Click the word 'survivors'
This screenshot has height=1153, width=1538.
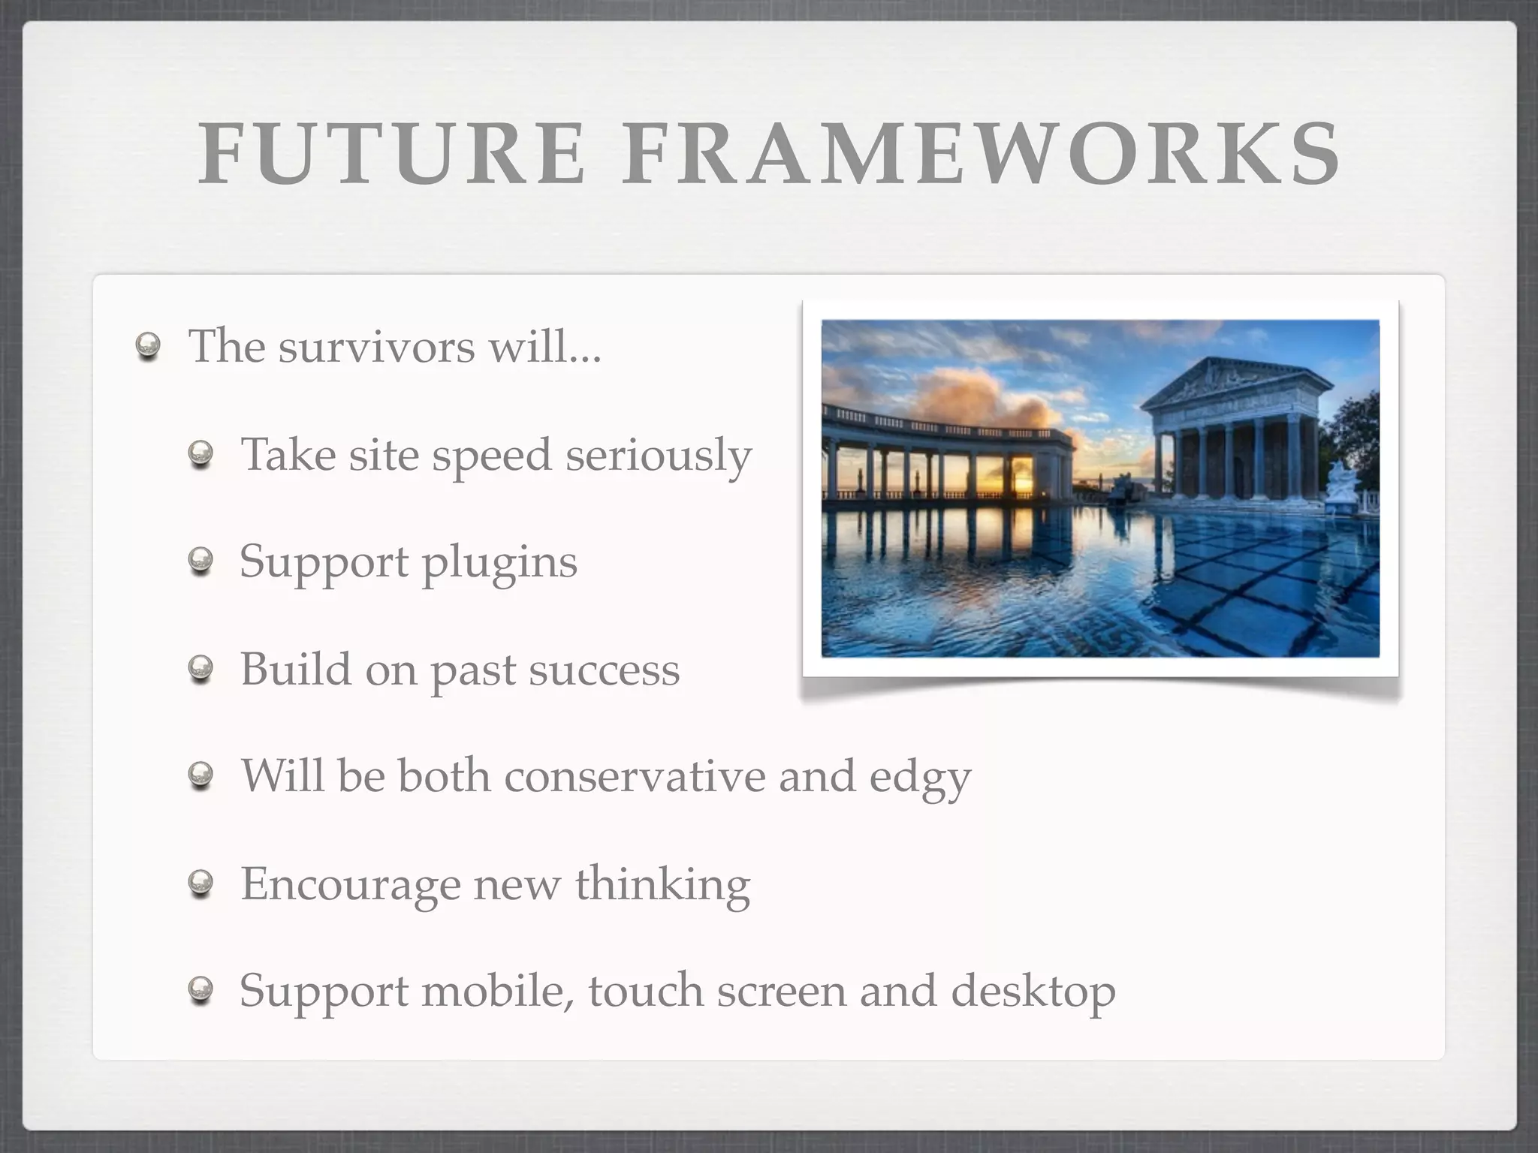click(376, 347)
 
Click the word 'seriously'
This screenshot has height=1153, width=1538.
click(658, 456)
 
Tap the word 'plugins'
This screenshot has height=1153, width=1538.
click(499, 563)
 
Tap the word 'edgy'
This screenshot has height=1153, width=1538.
click(920, 778)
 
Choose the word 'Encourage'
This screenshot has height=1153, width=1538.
click(350, 884)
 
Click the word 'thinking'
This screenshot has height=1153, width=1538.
click(662, 884)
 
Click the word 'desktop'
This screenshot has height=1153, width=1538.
click(1033, 992)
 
